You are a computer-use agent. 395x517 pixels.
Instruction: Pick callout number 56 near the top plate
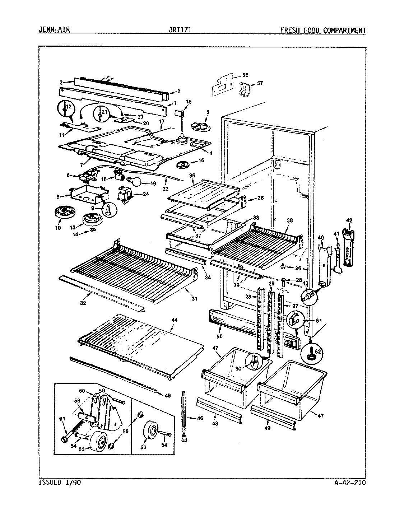tap(245, 75)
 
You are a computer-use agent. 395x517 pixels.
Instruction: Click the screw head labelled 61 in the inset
tap(64, 439)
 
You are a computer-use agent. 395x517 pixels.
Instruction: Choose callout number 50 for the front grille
tap(219, 336)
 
